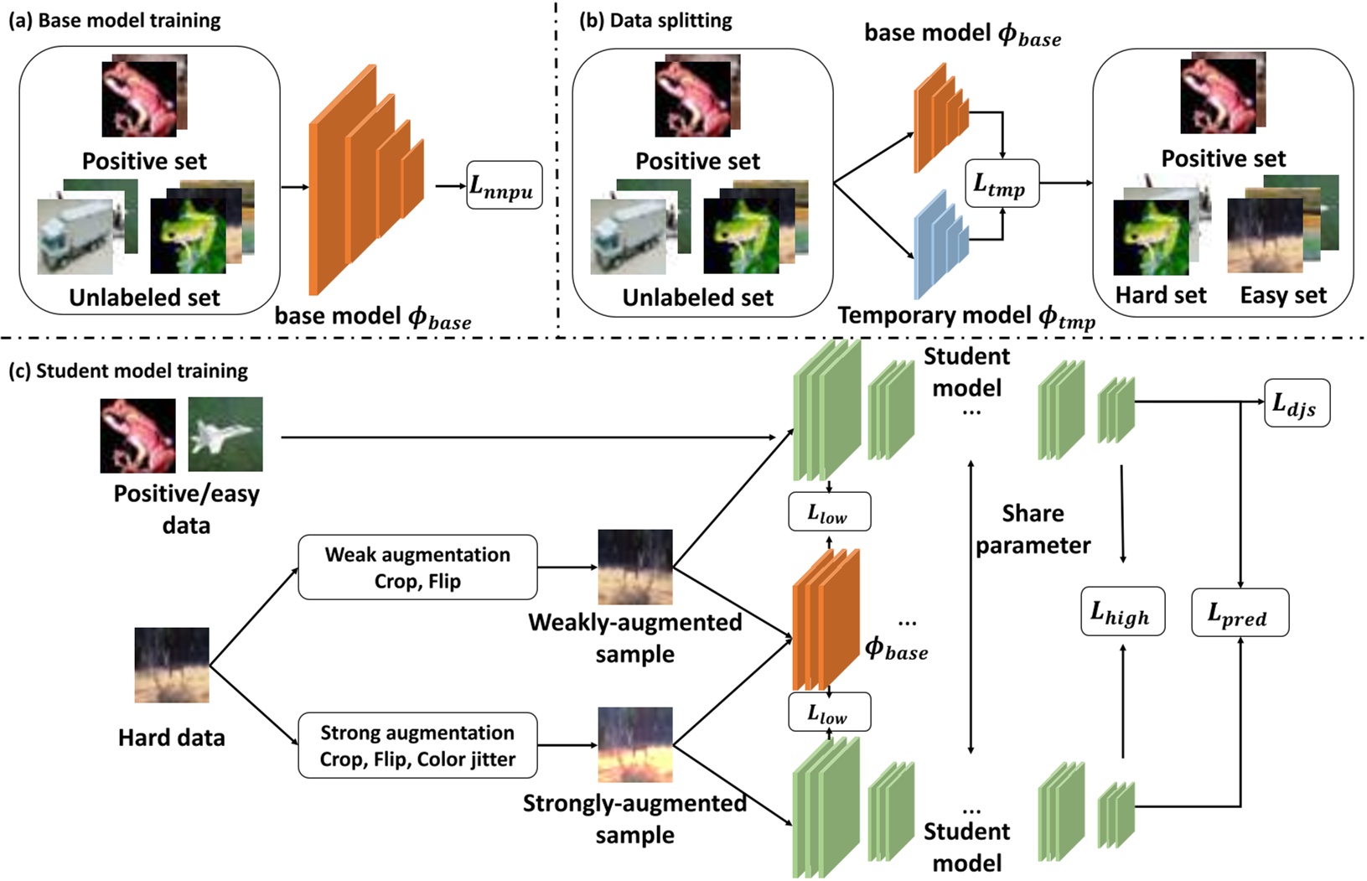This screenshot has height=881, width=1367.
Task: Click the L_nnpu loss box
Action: pyautogui.click(x=504, y=185)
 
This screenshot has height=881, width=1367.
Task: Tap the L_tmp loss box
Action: pyautogui.click(x=1002, y=184)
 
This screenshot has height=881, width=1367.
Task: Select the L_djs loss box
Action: pyautogui.click(x=1296, y=403)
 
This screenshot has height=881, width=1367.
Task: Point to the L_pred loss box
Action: pyautogui.click(x=1240, y=612)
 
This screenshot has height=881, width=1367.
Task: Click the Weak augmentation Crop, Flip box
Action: pyautogui.click(x=417, y=567)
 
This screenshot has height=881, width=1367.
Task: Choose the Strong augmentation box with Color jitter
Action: pyautogui.click(x=417, y=745)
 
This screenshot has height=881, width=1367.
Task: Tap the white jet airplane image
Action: pyautogui.click(x=225, y=434)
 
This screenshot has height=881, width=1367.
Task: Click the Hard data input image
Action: pyautogui.click(x=172, y=665)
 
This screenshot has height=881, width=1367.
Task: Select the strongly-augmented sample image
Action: pyautogui.click(x=634, y=745)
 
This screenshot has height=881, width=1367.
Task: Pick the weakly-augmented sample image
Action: pyautogui.click(x=634, y=567)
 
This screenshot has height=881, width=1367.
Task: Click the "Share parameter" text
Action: pyautogui.click(x=1033, y=529)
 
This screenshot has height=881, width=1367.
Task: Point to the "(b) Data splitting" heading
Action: pyautogui.click(x=655, y=21)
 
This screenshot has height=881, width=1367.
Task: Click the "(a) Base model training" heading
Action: pyautogui.click(x=115, y=21)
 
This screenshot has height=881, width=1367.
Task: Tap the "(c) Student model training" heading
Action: pyautogui.click(x=128, y=371)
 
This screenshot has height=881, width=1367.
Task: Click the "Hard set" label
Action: pyautogui.click(x=1160, y=295)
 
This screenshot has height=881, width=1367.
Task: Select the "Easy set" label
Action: pyautogui.click(x=1283, y=295)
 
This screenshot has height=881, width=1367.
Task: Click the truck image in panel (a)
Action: pyautogui.click(x=75, y=236)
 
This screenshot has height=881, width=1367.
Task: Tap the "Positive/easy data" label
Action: pyautogui.click(x=186, y=509)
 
